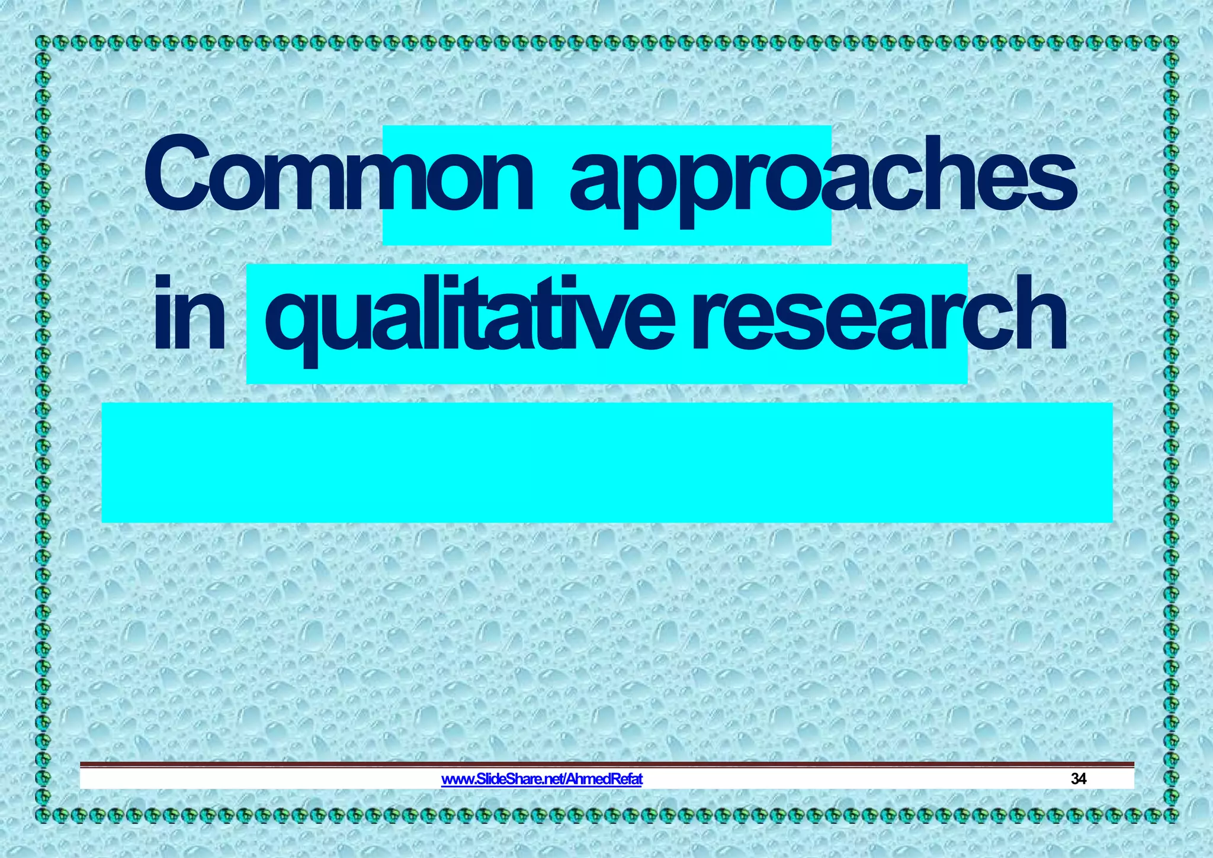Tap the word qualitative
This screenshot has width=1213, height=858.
click(x=468, y=317)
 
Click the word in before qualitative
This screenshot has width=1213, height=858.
click(x=189, y=314)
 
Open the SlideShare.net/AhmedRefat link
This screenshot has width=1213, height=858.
click(x=541, y=779)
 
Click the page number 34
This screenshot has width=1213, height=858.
click(x=1078, y=779)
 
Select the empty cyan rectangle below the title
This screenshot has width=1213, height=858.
click(x=606, y=462)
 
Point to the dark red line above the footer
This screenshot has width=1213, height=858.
click(x=606, y=764)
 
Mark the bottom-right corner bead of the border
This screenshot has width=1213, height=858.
click(x=1172, y=815)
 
